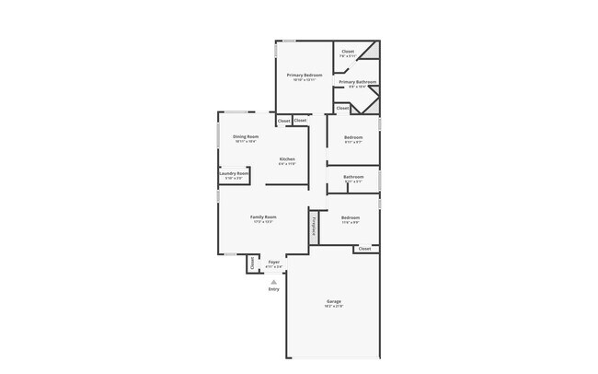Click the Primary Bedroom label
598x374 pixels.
click(304, 75)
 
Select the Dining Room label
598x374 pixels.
click(246, 136)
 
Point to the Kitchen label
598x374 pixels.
click(287, 158)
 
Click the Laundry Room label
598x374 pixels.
click(234, 173)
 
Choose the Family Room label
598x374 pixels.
click(263, 216)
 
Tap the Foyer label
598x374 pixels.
click(273, 262)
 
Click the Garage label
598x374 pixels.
click(334, 301)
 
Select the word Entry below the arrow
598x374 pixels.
click(273, 289)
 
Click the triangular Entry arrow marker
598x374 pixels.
click(273, 282)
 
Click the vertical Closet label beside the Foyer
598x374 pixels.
click(252, 263)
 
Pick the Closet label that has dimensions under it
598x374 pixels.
click(348, 52)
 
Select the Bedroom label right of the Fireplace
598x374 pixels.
click(351, 217)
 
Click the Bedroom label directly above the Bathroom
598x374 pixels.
click(353, 136)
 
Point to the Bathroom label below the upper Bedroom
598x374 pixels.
click(353, 176)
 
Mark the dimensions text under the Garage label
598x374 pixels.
click(334, 306)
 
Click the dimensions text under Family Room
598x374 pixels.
click(263, 222)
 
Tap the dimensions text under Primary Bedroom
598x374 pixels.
click(304, 80)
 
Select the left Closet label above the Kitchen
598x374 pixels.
click(283, 121)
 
